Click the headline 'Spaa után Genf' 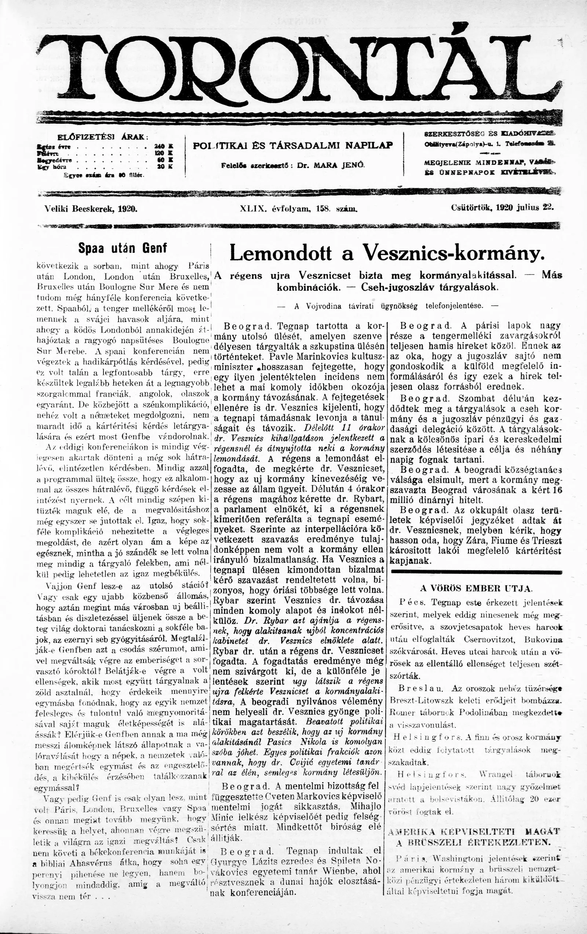point(123,248)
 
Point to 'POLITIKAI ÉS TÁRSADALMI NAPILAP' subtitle point(293,146)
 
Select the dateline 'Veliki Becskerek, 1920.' point(92,209)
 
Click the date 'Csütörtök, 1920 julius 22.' point(502,207)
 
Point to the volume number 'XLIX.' point(253,209)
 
